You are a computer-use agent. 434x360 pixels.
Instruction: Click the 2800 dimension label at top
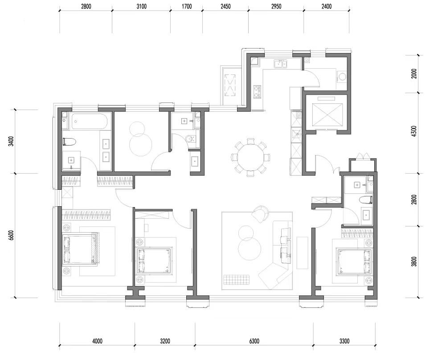coord(86,6)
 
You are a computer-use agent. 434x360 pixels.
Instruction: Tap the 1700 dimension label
coord(187,6)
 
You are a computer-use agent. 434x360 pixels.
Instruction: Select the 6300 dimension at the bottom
coord(254,341)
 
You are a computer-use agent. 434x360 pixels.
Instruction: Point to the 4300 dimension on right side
coord(414,131)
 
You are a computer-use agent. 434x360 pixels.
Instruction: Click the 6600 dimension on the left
coord(11,235)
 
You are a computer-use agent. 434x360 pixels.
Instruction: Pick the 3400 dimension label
coord(11,141)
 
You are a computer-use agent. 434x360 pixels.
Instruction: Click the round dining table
coord(250,158)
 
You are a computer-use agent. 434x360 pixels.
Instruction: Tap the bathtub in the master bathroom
coord(89,121)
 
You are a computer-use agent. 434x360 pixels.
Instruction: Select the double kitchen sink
coord(281,64)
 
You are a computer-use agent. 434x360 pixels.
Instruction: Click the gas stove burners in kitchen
coord(258,92)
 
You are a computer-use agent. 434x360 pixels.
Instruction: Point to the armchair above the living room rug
coord(260,213)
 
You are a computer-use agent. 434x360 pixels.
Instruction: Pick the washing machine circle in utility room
coord(342,76)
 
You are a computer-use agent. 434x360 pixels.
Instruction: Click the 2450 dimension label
coord(225,6)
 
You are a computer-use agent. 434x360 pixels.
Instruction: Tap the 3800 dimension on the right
coord(414,262)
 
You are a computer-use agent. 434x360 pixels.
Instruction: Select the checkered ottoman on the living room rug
coord(237,280)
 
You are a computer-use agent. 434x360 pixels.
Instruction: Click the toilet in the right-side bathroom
coord(366,200)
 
